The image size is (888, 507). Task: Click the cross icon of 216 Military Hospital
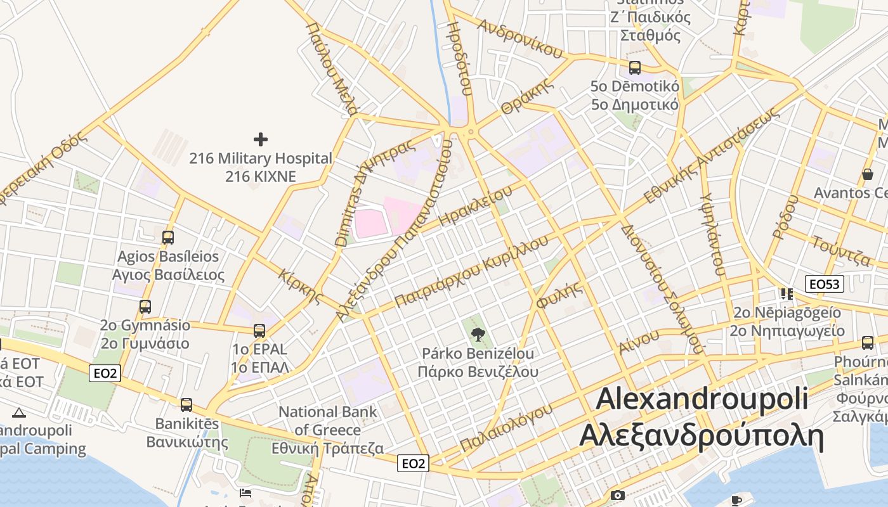click(260, 139)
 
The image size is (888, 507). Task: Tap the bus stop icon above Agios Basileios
click(168, 238)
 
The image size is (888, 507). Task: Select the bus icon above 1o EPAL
click(259, 330)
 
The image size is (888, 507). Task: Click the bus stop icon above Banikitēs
click(186, 404)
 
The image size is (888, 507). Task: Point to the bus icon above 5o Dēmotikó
click(634, 67)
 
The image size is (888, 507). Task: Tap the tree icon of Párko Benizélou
click(478, 333)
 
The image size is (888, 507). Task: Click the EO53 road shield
click(825, 284)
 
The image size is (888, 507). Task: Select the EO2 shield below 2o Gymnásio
click(105, 373)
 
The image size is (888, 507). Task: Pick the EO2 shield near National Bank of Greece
click(414, 463)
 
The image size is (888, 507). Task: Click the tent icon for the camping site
click(19, 413)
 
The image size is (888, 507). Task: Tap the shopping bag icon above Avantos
click(867, 174)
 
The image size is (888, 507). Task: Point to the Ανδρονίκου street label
click(520, 38)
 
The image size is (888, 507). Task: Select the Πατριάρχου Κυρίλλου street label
click(471, 271)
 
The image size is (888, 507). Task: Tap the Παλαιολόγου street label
click(506, 428)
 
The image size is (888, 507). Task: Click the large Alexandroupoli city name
click(702, 399)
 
